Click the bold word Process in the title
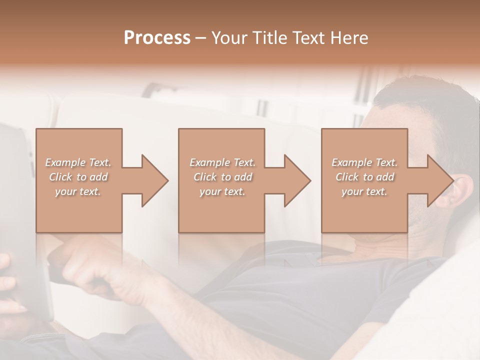tap(157, 38)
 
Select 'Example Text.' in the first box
tap(78, 162)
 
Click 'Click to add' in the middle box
tap(222, 177)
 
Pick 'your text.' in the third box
tap(364, 191)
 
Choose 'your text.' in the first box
tap(78, 191)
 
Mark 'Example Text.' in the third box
tap(364, 162)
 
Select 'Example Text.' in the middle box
tap(222, 162)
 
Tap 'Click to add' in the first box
tap(78, 177)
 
